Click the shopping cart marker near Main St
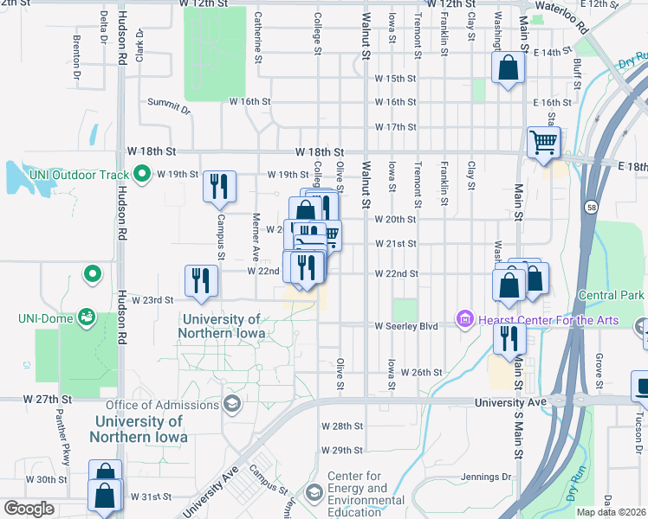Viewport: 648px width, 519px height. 543,142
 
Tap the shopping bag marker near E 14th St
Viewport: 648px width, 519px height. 509,67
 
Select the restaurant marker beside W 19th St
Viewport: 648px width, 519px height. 219,186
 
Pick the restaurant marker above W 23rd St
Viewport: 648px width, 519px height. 201,280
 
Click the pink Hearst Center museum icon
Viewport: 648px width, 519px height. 465,321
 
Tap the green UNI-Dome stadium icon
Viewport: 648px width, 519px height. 85,317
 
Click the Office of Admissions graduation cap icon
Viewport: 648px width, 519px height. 231,404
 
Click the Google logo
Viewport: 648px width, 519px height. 29,509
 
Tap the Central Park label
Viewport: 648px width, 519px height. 612,296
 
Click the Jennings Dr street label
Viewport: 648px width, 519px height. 483,476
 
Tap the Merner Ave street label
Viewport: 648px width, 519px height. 256,236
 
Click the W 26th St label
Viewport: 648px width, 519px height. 421,372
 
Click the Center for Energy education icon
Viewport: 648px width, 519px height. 314,493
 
